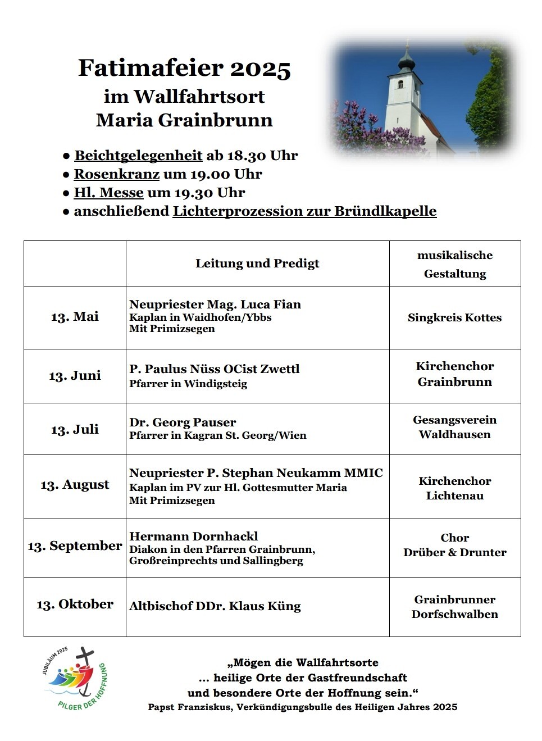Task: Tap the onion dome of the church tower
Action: pyautogui.click(x=407, y=59)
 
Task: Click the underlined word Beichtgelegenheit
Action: pyautogui.click(x=138, y=156)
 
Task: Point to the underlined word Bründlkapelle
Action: pyautogui.click(x=385, y=211)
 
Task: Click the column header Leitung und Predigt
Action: pyautogui.click(x=257, y=263)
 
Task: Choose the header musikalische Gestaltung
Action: pyautogui.click(x=455, y=264)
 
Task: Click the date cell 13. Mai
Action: pyautogui.click(x=75, y=317)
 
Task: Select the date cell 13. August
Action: pyautogui.click(x=75, y=485)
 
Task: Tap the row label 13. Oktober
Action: pyautogui.click(x=75, y=604)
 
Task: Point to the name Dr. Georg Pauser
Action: pyautogui.click(x=183, y=422)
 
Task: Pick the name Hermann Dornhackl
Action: pyautogui.click(x=194, y=537)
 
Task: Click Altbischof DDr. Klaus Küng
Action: pyautogui.click(x=215, y=606)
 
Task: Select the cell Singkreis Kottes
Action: pyautogui.click(x=455, y=318)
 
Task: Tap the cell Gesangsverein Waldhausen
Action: pyautogui.click(x=455, y=427)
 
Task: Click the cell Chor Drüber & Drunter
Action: pyautogui.click(x=455, y=545)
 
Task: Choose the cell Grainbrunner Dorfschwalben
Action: pyautogui.click(x=455, y=607)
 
